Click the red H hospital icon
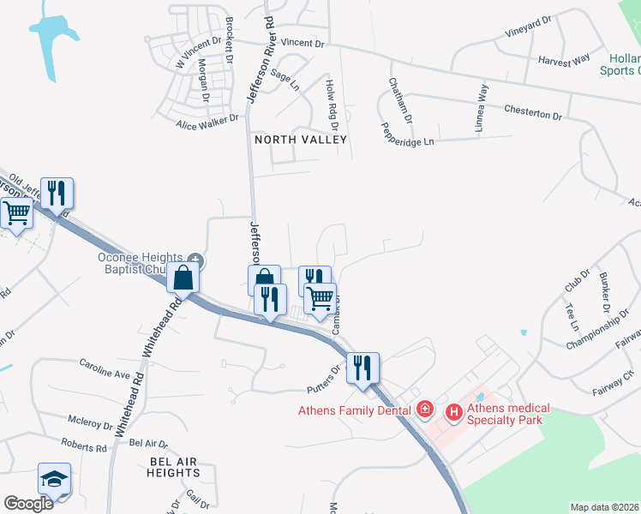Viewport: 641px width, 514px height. pyautogui.click(x=453, y=413)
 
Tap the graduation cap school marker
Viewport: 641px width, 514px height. pyautogui.click(x=55, y=479)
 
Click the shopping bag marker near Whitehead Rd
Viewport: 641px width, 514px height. pyautogui.click(x=183, y=278)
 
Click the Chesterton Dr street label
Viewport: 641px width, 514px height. pyautogui.click(x=533, y=113)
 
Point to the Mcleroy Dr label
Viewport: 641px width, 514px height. pyautogui.click(x=92, y=421)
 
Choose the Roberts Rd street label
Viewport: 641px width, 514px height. pyautogui.click(x=84, y=446)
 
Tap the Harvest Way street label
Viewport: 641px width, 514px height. pyautogui.click(x=564, y=60)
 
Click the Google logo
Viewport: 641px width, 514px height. pyautogui.click(x=28, y=503)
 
